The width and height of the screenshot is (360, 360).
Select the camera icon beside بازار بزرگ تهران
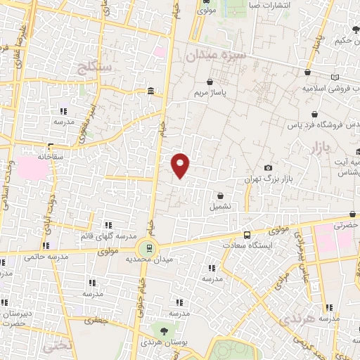point(268,167)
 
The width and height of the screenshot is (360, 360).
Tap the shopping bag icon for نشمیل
point(221,195)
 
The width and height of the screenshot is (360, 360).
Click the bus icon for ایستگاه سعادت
point(246,236)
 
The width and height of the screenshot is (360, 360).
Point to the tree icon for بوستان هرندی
point(164,330)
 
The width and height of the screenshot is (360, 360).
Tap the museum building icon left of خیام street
point(151,91)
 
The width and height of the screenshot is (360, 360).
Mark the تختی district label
point(56,347)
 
